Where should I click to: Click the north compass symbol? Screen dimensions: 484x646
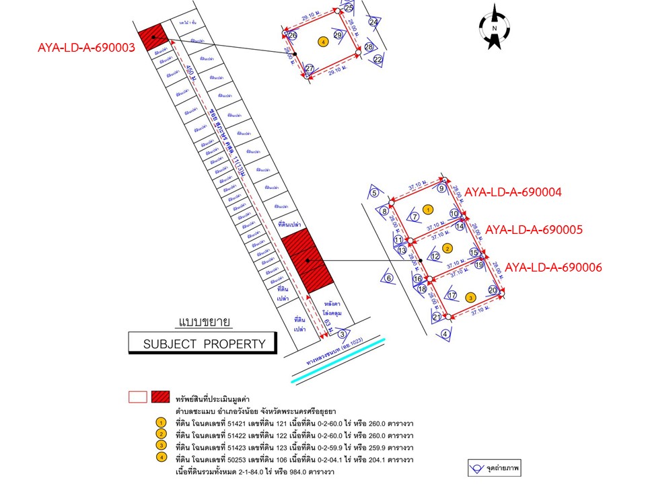[494, 28]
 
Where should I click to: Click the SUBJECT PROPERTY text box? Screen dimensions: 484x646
[203, 344]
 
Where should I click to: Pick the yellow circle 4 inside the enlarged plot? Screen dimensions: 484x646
[324, 42]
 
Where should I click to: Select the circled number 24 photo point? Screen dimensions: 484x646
[373, 22]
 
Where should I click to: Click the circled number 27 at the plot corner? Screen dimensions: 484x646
[310, 69]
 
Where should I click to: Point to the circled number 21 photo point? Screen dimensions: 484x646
[437, 317]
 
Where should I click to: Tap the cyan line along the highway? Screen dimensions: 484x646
[340, 360]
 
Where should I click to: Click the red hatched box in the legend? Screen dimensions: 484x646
[159, 397]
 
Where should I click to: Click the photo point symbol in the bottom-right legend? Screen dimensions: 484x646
[479, 466]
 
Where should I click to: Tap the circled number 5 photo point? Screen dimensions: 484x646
[375, 194]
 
